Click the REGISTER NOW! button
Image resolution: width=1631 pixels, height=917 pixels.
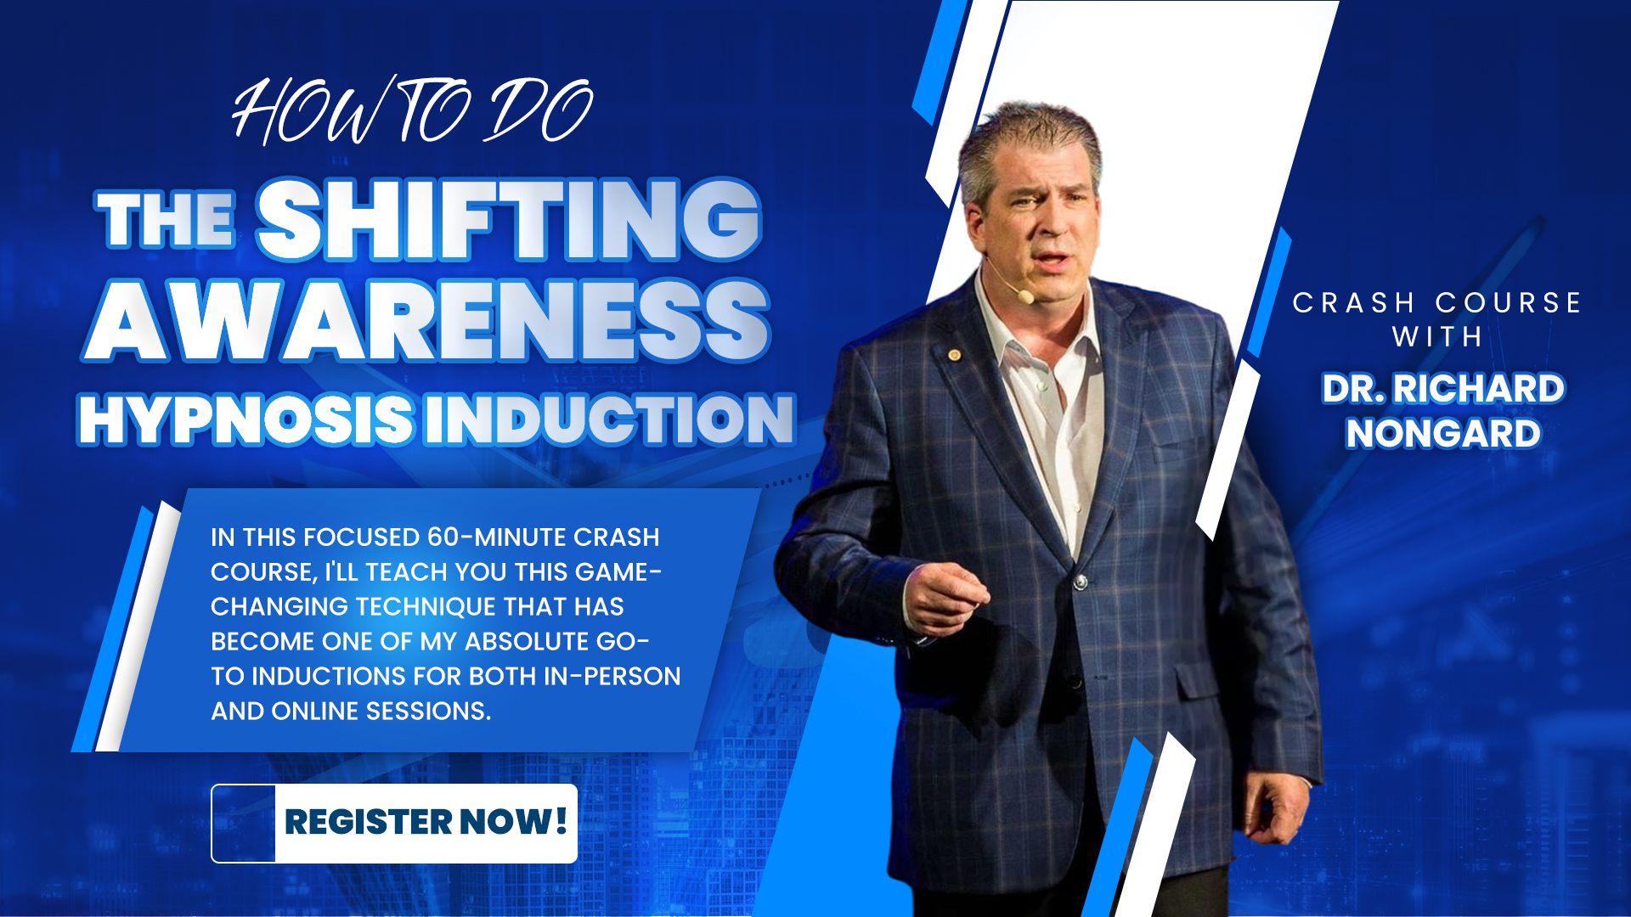point(425,823)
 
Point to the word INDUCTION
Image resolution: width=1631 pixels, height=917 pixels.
point(609,419)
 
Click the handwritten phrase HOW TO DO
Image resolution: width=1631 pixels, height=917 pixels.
point(412,111)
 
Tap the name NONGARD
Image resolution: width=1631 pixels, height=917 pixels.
point(1442,434)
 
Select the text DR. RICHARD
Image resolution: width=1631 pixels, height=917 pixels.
point(1442,389)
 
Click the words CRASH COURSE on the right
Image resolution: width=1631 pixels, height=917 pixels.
point(1436,303)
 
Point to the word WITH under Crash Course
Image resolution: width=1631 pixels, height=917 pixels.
point(1436,337)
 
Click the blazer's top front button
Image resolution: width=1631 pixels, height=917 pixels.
point(1081,582)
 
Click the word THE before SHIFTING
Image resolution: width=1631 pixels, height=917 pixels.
point(166,221)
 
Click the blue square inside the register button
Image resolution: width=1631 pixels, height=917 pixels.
point(244,823)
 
